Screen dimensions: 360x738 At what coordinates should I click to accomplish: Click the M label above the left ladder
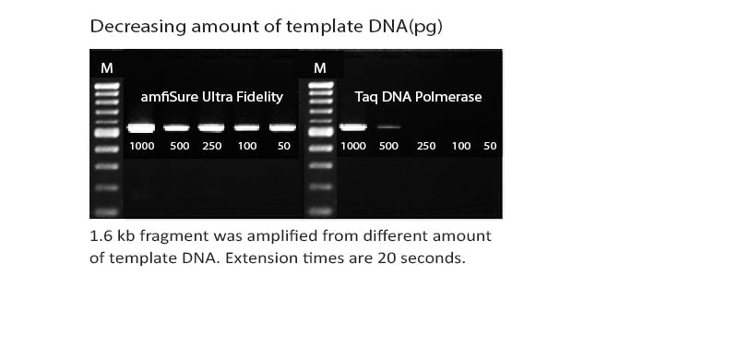click(x=107, y=68)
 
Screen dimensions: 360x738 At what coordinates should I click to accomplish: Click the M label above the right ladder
click(x=320, y=68)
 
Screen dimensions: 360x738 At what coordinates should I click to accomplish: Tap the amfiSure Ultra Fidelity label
click(x=211, y=97)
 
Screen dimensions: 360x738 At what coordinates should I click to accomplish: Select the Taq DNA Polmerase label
click(x=418, y=97)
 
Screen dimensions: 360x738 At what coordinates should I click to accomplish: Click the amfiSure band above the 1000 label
click(x=141, y=127)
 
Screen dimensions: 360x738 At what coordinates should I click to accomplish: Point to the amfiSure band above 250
click(x=211, y=127)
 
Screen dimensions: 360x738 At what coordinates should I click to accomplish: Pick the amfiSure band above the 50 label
click(x=282, y=127)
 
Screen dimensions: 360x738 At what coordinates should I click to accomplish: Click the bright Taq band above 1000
click(x=353, y=126)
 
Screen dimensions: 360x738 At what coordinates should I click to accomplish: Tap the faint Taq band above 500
click(x=389, y=126)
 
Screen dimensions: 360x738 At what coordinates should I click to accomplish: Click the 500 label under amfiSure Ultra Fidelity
click(x=179, y=147)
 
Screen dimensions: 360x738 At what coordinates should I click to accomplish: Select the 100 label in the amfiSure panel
click(x=246, y=147)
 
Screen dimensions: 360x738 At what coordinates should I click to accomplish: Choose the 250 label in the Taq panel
click(x=426, y=147)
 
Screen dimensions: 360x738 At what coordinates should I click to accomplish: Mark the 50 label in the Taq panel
click(x=490, y=147)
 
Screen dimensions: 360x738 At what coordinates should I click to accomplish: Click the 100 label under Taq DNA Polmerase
click(x=461, y=147)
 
